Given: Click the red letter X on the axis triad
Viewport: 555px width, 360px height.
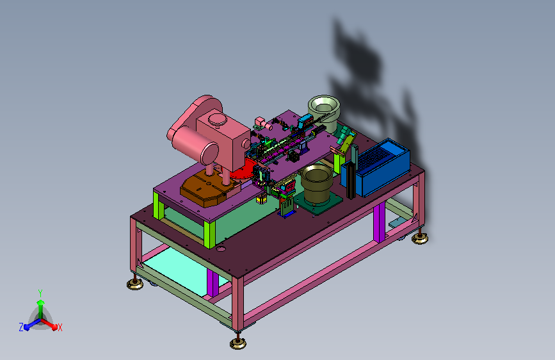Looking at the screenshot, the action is coord(60,327).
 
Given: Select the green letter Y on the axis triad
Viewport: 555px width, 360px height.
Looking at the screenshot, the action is coord(40,293).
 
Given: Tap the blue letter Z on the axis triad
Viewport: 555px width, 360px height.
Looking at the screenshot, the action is coord(21,327).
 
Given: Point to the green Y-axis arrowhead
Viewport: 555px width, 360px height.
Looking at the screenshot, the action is coord(41,302).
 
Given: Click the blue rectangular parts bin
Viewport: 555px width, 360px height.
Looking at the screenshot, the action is coord(376,167).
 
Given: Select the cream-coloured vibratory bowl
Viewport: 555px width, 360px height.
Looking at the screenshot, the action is coord(324,112).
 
